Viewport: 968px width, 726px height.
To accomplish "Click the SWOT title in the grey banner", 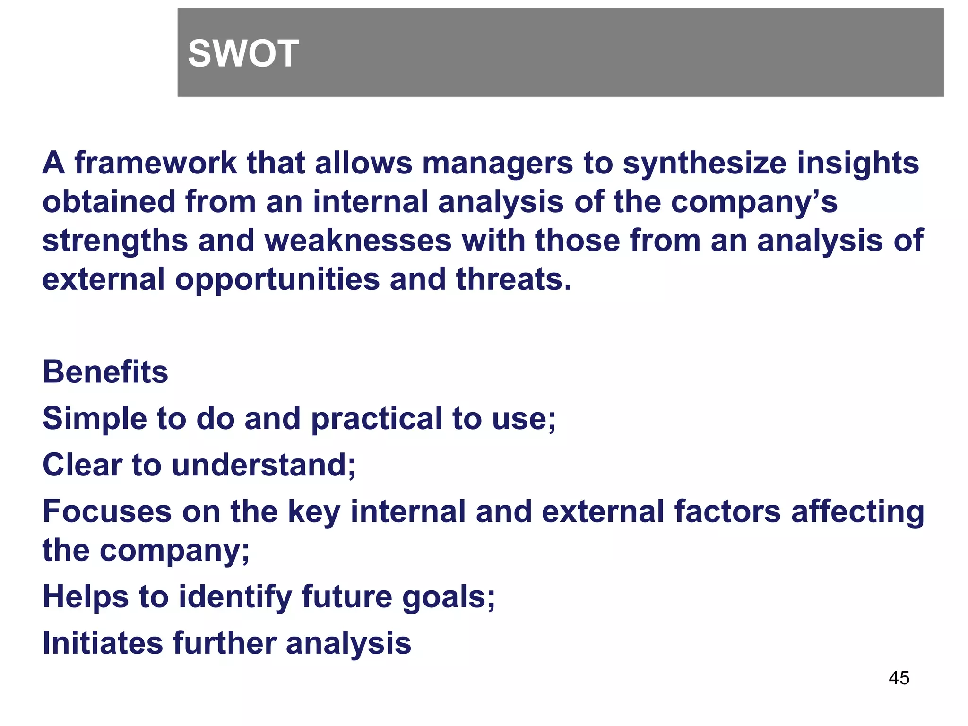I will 243,53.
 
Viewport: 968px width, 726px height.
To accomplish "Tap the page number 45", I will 899,678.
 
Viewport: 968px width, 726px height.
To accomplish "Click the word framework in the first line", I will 156,163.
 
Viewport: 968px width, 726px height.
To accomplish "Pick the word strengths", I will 115,241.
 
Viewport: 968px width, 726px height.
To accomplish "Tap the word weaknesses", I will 358,241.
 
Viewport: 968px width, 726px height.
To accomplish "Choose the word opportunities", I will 277,279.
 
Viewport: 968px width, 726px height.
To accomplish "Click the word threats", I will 513,279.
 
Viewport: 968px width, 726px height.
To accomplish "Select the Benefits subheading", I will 105,372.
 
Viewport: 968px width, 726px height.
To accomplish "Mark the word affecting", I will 857,512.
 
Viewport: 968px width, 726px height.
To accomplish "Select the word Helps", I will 85,596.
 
